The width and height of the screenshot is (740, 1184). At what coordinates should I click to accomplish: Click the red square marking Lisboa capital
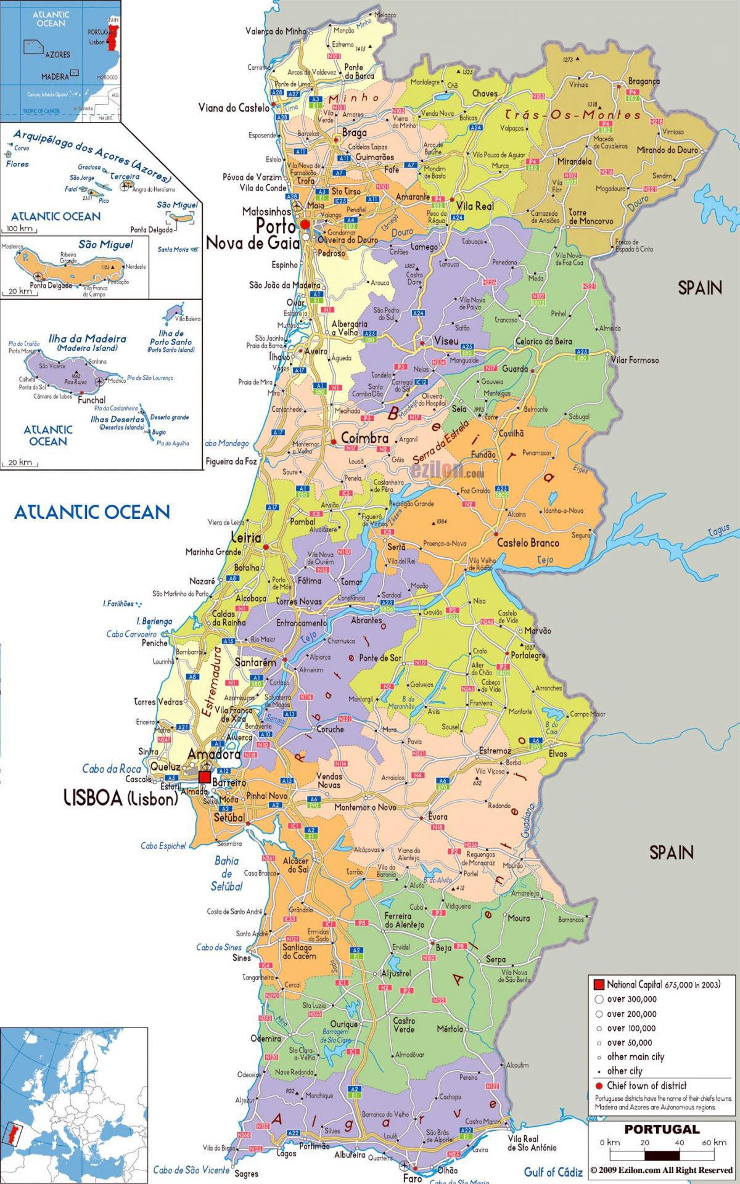(204, 777)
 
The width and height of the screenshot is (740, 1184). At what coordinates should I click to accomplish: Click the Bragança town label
(644, 81)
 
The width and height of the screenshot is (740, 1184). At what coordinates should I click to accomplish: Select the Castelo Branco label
(528, 543)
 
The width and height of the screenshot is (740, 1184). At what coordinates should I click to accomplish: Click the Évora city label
(438, 817)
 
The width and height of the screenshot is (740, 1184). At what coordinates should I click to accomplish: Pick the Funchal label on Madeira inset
(91, 400)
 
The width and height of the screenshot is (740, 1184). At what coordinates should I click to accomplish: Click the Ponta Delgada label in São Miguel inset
(51, 285)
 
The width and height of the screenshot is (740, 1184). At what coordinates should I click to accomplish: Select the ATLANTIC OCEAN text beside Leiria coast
(92, 512)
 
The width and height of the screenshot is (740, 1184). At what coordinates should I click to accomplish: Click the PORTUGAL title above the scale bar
(662, 1130)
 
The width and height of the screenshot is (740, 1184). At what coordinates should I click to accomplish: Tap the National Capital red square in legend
(598, 984)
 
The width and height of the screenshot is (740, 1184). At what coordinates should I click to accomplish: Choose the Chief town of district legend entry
(646, 1085)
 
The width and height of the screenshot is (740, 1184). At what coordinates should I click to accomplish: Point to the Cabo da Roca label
(112, 769)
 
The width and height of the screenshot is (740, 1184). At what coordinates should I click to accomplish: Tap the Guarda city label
(515, 369)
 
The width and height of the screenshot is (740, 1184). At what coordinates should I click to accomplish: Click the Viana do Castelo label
(234, 108)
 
